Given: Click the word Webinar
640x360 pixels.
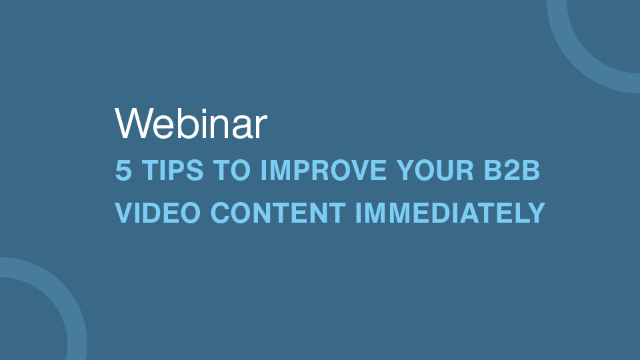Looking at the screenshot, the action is [191, 123].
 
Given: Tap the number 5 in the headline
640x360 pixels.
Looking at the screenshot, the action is [124, 170].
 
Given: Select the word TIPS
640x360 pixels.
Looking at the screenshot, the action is [173, 170].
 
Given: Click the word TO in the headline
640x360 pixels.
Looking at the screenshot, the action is [232, 170].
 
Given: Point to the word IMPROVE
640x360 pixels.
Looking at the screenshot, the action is [323, 170].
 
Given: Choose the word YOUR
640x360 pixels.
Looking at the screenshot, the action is [435, 170].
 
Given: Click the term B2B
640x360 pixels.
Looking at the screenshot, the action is [512, 170].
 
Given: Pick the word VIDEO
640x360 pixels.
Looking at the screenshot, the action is [158, 213].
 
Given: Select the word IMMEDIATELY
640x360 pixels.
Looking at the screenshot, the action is [451, 213].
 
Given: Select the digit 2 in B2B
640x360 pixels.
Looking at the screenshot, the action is [512, 170].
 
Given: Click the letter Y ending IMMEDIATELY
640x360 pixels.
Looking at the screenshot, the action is [535, 213].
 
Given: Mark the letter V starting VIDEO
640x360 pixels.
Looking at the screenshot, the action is [125, 213].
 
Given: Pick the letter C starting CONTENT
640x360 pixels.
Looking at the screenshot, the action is [220, 213].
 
